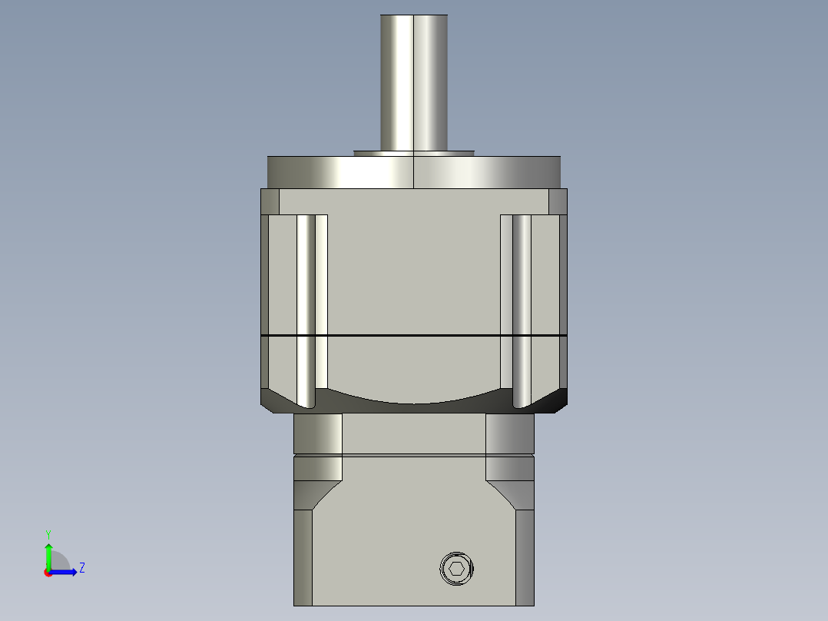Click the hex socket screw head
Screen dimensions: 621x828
[x=457, y=570]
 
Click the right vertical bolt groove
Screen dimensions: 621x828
[x=522, y=307]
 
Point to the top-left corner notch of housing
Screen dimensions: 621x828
[x=270, y=201]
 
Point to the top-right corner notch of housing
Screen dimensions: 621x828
[x=558, y=201]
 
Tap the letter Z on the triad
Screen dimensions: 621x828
[x=81, y=568]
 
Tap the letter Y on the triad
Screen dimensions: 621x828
[x=48, y=533]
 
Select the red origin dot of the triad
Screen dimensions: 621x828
[x=48, y=573]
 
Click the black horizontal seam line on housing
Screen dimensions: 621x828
[x=414, y=336]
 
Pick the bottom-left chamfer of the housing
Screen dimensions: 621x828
[x=275, y=400]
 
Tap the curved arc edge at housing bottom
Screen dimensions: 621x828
[x=414, y=402]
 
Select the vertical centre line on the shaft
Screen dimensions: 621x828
[x=414, y=77]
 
